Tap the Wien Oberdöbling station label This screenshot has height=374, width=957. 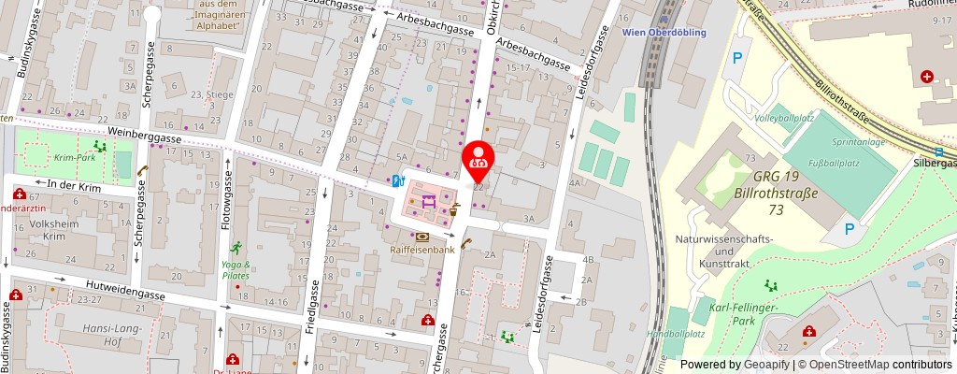pyautogui.click(x=663, y=32)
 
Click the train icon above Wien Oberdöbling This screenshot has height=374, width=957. pyautogui.click(x=664, y=17)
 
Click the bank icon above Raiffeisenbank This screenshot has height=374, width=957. pyautogui.click(x=422, y=237)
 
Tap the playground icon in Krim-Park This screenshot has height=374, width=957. pyautogui.click(x=99, y=146)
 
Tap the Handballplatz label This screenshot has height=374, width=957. pyautogui.click(x=675, y=334)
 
